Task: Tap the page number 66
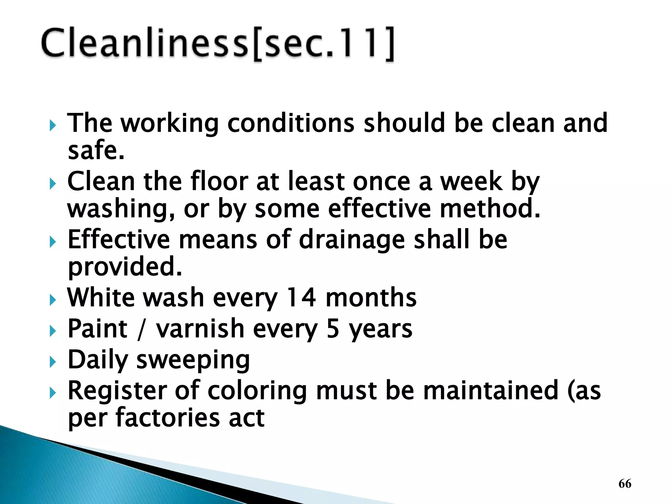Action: [x=625, y=484]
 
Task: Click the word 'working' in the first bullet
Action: [x=170, y=123]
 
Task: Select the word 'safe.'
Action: [x=96, y=150]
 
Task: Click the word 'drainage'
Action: [x=352, y=240]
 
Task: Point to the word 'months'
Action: [x=371, y=298]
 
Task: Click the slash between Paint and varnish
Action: [x=141, y=329]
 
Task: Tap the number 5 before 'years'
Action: [x=333, y=329]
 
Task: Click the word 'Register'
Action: [x=116, y=391]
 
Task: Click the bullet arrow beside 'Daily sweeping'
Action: [x=53, y=362]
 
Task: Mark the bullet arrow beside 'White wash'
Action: [x=53, y=300]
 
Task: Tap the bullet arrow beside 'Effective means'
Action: [x=53, y=242]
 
